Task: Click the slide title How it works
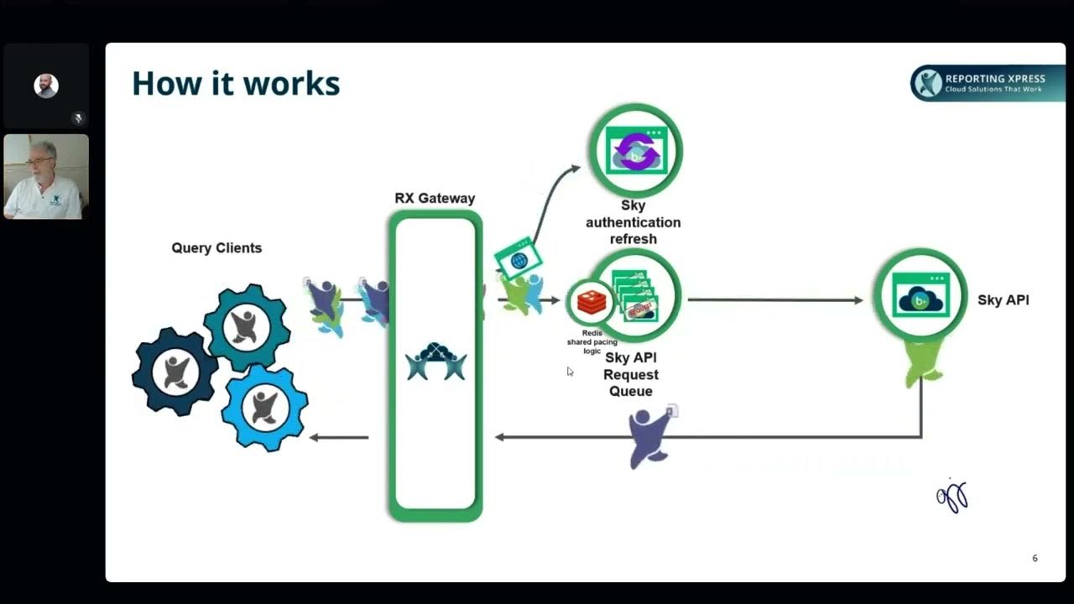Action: pyautogui.click(x=236, y=84)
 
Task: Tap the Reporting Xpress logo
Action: pyautogui.click(x=987, y=83)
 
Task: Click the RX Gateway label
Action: pyautogui.click(x=435, y=199)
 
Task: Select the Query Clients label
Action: pyautogui.click(x=216, y=248)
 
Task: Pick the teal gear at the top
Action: pyautogui.click(x=247, y=327)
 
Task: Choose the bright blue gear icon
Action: pyautogui.click(x=265, y=408)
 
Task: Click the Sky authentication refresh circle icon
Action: pyautogui.click(x=635, y=150)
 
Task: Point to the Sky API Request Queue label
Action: pyautogui.click(x=631, y=374)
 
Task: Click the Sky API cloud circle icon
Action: pyautogui.click(x=920, y=295)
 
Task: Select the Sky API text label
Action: pyautogui.click(x=1003, y=300)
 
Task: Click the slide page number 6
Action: pyautogui.click(x=1035, y=558)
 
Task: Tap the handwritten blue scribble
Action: pyautogui.click(x=953, y=497)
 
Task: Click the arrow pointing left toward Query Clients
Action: pyautogui.click(x=339, y=437)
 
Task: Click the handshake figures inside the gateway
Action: pyautogui.click(x=436, y=362)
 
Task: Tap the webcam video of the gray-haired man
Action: pyautogui.click(x=46, y=177)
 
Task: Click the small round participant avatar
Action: pyautogui.click(x=46, y=86)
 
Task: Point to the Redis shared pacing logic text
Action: pyautogui.click(x=592, y=342)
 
